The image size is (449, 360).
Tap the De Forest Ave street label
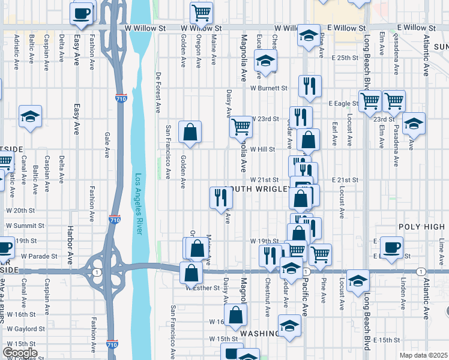click(x=158, y=93)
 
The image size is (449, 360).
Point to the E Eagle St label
click(x=343, y=103)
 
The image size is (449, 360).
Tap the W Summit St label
click(x=26, y=226)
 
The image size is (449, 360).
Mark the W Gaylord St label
click(x=25, y=329)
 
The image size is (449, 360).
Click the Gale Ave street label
click(x=107, y=145)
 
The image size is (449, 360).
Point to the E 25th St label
click(x=344, y=58)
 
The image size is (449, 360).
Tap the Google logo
click(x=20, y=353)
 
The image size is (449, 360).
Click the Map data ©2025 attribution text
click(x=423, y=355)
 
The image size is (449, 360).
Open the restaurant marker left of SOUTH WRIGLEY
click(x=220, y=197)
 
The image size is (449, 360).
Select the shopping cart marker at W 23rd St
click(x=241, y=127)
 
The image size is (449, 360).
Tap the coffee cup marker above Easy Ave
click(x=82, y=13)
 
